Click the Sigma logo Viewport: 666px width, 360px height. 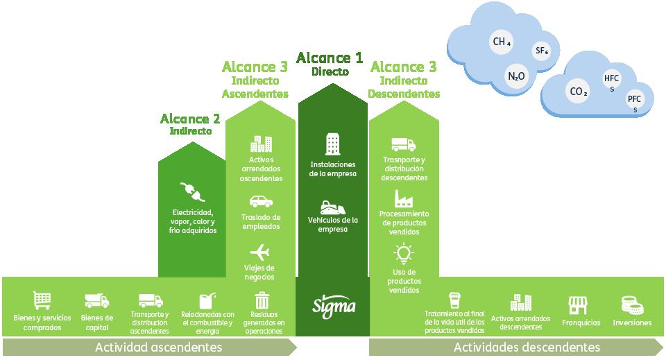point(334,305)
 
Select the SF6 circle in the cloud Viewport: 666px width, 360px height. point(542,51)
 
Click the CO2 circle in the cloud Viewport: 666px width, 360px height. point(579,91)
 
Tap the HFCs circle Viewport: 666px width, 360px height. point(613,83)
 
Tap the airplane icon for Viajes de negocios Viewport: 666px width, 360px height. point(259,251)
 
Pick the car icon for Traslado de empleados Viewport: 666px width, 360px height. point(260,201)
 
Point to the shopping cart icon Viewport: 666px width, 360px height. point(42,300)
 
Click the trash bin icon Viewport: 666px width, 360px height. point(262,300)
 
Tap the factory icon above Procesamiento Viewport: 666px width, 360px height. point(404,198)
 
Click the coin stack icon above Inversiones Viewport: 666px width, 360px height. point(631,305)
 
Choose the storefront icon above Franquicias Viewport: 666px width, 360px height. point(578,305)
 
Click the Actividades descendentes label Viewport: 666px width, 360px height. point(526,346)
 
